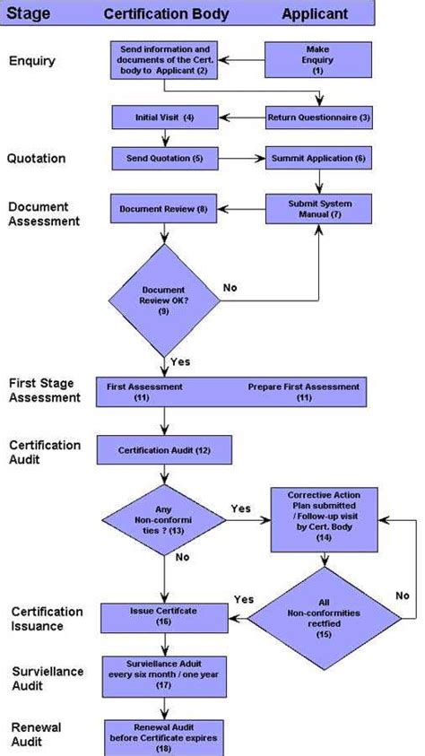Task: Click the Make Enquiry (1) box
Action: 317,60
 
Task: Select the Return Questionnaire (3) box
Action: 318,117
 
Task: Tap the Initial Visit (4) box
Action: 164,117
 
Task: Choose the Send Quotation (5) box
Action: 164,159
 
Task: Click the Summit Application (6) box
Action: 318,159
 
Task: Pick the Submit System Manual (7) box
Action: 318,209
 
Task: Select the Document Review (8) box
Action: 164,209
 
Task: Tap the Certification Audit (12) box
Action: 164,449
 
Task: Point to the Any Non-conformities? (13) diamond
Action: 164,520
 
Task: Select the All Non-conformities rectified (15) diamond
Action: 322,616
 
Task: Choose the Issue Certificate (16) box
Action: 164,616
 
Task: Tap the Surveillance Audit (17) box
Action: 164,673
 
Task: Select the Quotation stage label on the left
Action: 36,159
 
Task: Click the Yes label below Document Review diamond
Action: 180,361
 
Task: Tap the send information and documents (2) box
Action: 164,60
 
